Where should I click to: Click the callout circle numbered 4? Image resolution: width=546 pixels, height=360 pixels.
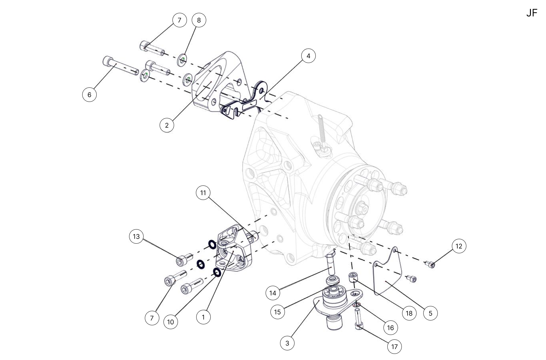308,56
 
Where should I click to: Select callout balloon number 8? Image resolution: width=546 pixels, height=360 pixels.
199,20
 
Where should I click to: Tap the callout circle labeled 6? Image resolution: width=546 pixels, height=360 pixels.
89,95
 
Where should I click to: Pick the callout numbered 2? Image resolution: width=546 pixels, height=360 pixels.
167,125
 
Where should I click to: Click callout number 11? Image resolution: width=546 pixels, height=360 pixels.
203,193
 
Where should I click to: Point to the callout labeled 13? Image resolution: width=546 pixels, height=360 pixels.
136,237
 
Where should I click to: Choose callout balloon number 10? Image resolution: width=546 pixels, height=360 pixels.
171,322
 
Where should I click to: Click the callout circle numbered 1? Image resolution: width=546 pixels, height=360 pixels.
203,317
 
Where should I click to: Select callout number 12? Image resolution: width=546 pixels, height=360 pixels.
459,246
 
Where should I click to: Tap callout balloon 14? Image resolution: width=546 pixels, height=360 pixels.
273,293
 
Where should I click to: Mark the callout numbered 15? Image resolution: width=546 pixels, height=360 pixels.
277,312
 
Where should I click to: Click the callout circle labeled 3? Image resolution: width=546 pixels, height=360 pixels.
287,343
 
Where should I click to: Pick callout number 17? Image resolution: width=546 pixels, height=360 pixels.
394,347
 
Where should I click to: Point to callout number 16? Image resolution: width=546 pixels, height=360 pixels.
391,328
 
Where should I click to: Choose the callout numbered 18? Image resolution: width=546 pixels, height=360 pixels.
409,313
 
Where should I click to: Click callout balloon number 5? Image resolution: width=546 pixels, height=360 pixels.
431,313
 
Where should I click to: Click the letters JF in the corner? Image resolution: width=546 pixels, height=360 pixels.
532,13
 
